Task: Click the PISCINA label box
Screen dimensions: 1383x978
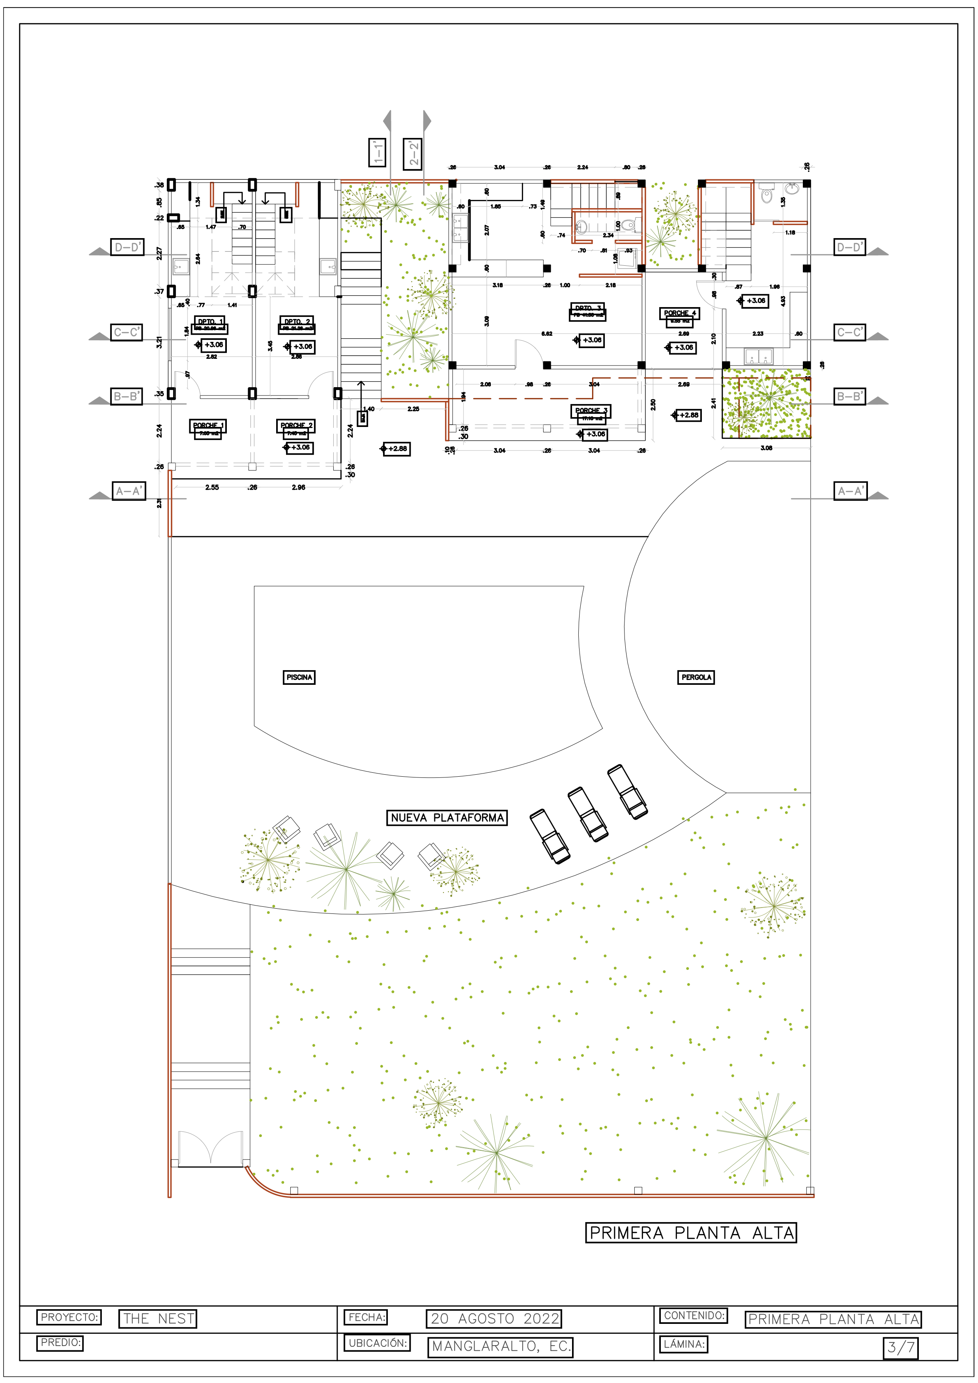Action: click(x=299, y=677)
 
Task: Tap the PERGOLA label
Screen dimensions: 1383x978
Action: click(x=696, y=677)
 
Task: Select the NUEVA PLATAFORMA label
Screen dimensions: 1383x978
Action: click(x=447, y=817)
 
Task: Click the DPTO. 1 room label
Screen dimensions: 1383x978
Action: click(x=210, y=322)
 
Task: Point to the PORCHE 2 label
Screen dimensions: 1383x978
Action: click(x=296, y=425)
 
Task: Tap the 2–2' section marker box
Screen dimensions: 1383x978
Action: click(x=413, y=154)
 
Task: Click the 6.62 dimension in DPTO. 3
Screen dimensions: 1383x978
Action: click(x=546, y=334)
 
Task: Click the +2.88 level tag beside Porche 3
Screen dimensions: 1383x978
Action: click(x=686, y=415)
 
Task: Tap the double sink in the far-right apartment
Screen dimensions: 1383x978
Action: click(x=758, y=356)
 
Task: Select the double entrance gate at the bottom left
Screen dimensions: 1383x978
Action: click(x=210, y=1148)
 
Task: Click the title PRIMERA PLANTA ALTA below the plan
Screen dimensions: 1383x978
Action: click(x=690, y=1232)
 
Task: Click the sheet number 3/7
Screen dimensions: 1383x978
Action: click(x=900, y=1347)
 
